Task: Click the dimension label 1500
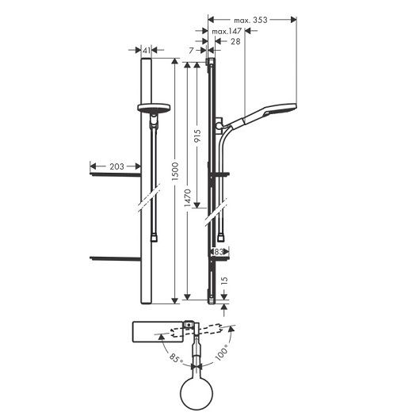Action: (175, 171)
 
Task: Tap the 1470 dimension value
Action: (188, 198)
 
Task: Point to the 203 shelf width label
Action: (116, 166)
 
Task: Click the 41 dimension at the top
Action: (147, 50)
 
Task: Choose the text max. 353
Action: (250, 20)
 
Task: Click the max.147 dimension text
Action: (227, 32)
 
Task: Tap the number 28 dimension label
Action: (235, 41)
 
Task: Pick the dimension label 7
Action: (191, 51)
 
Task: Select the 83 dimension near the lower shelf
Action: (219, 252)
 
